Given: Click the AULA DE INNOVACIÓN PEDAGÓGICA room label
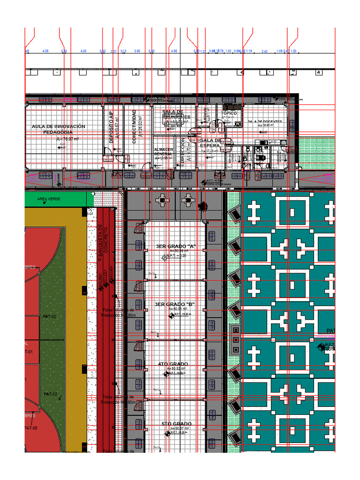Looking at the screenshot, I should pos(59,129).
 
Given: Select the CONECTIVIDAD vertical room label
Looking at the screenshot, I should pos(134,126).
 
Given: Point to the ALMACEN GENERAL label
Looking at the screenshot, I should pos(163,152).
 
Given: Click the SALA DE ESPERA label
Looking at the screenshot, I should pos(210,143).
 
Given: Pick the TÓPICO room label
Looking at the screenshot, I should pos(229,113).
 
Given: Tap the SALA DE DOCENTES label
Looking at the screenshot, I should pos(265,122).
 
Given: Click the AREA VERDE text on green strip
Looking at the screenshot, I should pos(49,199).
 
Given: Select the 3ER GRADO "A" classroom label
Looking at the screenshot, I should pos(175,246).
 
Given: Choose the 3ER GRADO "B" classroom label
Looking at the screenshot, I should pos(175,305).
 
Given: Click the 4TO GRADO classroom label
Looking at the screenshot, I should pos(173,364).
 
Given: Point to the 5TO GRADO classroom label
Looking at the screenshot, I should pos(176,424).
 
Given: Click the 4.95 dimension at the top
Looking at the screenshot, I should pos(173,51).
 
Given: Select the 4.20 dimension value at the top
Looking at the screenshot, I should pos(83,51).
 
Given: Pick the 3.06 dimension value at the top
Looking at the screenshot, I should pos(137,51).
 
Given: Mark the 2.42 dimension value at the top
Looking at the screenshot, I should pos(265,51).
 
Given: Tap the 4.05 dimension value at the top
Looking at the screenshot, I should pos(45,51).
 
